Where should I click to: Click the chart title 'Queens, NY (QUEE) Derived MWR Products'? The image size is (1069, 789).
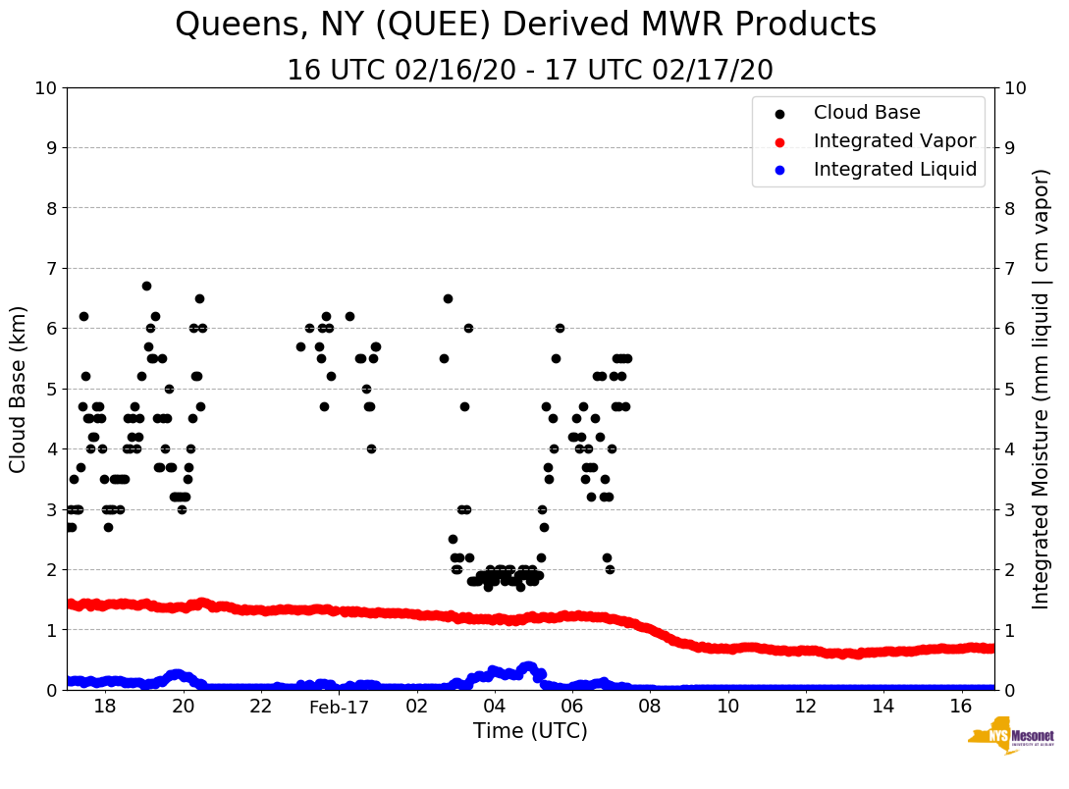tap(525, 26)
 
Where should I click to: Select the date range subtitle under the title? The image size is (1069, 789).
tap(530, 71)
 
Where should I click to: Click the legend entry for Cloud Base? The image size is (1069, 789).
tap(867, 113)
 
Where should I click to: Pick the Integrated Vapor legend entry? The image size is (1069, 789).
tap(894, 141)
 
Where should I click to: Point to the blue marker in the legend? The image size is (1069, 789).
tap(780, 170)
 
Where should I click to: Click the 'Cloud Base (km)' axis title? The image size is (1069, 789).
tap(19, 389)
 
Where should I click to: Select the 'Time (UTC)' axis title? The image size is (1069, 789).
tap(530, 731)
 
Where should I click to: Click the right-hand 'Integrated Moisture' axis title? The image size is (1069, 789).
tap(1041, 389)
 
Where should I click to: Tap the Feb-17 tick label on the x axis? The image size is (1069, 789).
tap(339, 707)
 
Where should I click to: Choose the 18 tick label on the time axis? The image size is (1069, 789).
tap(105, 707)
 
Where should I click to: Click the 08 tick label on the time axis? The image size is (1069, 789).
tap(650, 707)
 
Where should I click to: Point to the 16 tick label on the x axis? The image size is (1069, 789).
tap(961, 707)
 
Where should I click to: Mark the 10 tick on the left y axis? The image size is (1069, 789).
tap(46, 88)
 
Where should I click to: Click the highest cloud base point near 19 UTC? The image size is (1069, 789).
tap(146, 286)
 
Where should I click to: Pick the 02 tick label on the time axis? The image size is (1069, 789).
tap(417, 707)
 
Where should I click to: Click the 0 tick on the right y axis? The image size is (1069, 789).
tap(1006, 690)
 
